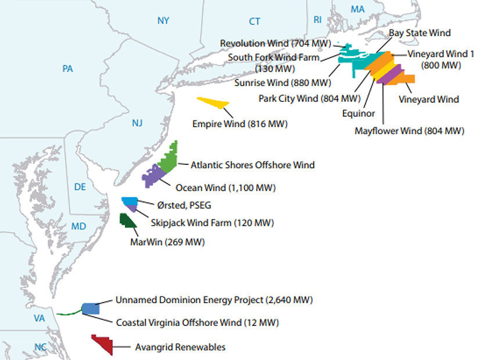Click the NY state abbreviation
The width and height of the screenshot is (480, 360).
click(x=163, y=21)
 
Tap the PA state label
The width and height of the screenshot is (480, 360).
click(x=67, y=69)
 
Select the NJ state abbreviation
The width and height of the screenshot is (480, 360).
click(x=137, y=123)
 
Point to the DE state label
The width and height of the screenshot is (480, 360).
click(x=80, y=186)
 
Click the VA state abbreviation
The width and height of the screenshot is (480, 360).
click(x=40, y=318)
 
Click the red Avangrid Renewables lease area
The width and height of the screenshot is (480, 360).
click(x=103, y=343)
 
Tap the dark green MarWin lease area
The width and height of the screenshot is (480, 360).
click(x=127, y=221)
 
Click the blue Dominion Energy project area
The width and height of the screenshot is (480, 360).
click(x=89, y=309)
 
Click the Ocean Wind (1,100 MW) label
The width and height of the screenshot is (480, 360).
click(x=225, y=188)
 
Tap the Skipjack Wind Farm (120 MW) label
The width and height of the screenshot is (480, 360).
click(x=212, y=223)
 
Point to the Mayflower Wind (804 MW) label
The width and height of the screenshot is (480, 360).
click(x=409, y=131)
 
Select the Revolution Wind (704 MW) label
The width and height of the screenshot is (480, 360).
click(x=275, y=44)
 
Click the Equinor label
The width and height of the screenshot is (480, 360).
click(x=359, y=113)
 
